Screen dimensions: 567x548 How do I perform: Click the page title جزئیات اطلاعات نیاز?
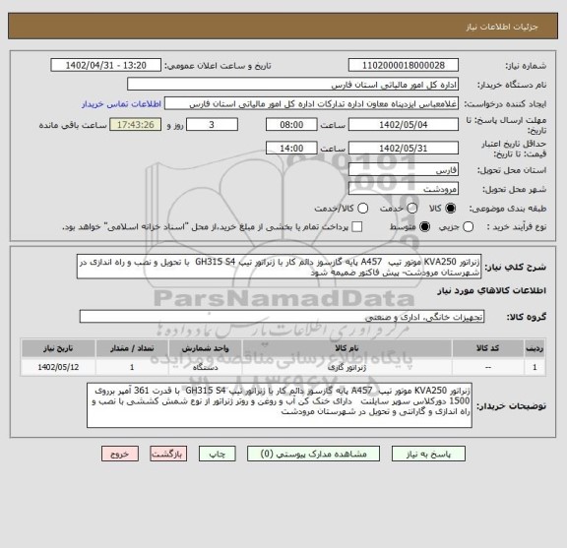coord(509,11)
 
